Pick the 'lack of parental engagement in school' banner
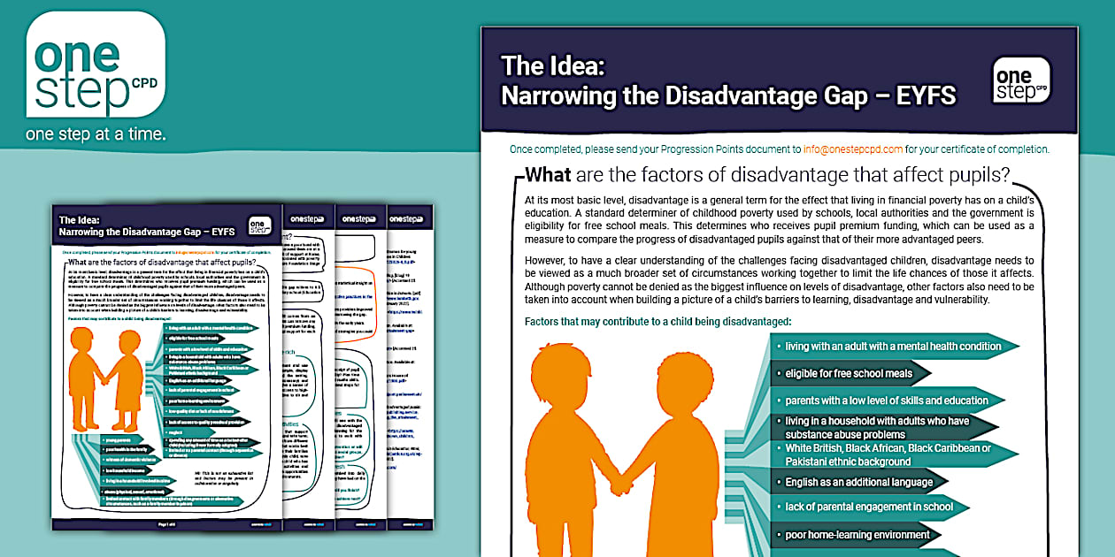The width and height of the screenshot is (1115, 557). click(869, 507)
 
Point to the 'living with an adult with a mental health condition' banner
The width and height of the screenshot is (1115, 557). click(892, 346)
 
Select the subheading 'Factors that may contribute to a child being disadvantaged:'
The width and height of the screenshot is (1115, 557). click(657, 321)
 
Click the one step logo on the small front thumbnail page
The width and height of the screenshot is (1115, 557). click(259, 226)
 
